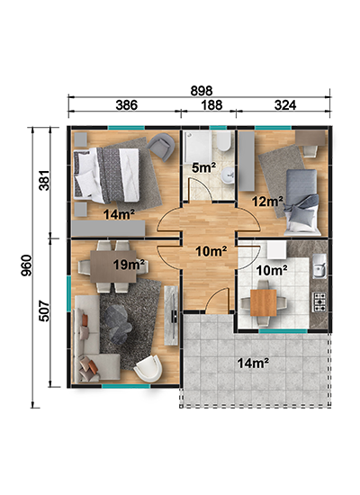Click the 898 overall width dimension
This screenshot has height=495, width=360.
point(202,91)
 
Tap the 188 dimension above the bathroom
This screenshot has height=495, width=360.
point(211,105)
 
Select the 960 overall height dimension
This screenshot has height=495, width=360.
point(27,265)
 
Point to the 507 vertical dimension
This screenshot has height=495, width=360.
point(44,311)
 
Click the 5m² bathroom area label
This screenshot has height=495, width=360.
point(204,167)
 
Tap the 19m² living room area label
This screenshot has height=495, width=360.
point(130,265)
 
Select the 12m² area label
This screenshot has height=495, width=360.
point(267,201)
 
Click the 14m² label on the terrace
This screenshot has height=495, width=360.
point(253,364)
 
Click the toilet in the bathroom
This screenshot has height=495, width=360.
point(224,140)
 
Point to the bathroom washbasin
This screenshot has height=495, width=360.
point(228,175)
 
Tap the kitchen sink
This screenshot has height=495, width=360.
point(319,266)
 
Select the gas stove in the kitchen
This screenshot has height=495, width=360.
point(319,302)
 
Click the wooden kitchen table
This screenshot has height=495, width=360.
point(264,302)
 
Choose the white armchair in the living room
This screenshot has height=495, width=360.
point(148,368)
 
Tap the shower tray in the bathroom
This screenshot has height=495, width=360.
point(198,148)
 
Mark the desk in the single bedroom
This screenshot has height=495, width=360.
point(310,139)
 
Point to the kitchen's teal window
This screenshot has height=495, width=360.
point(283,331)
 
